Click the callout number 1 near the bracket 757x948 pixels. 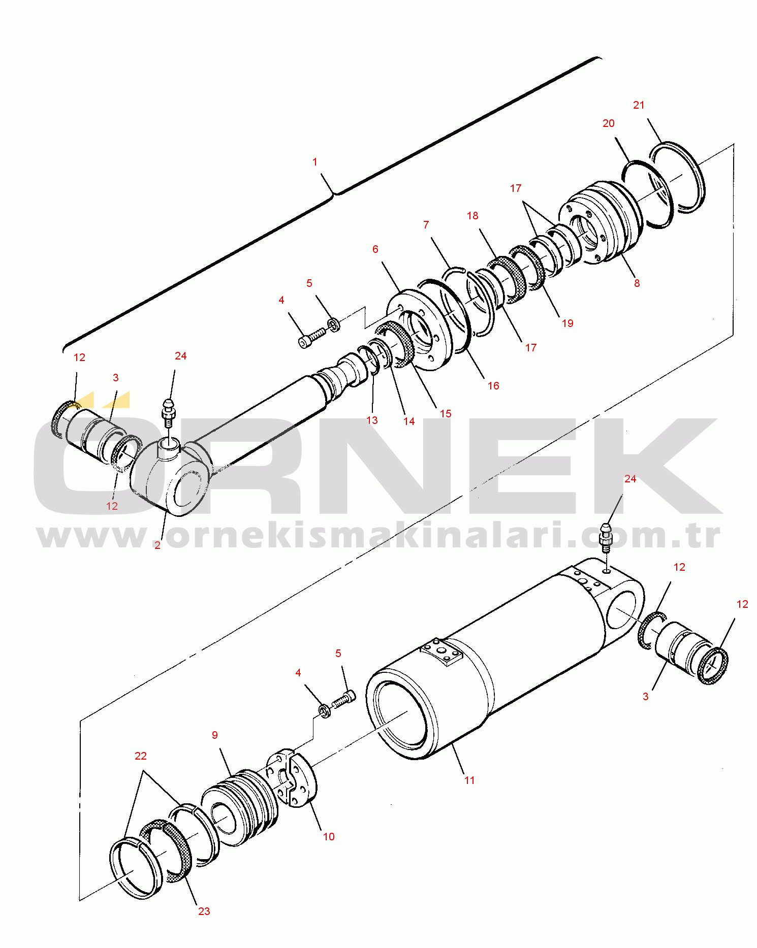click(315, 162)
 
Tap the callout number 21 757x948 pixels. click(639, 105)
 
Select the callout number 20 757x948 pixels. click(609, 123)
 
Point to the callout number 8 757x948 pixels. click(637, 283)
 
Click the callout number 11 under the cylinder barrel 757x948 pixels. click(469, 780)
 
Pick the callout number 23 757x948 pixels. click(204, 911)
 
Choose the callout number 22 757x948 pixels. click(141, 756)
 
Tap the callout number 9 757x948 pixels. click(215, 735)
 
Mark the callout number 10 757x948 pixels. click(329, 836)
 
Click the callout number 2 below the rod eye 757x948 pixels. click(157, 545)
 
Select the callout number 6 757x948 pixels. click(375, 249)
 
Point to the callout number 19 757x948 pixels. click(567, 323)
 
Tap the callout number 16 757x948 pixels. click(493, 385)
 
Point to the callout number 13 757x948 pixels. click(372, 420)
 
